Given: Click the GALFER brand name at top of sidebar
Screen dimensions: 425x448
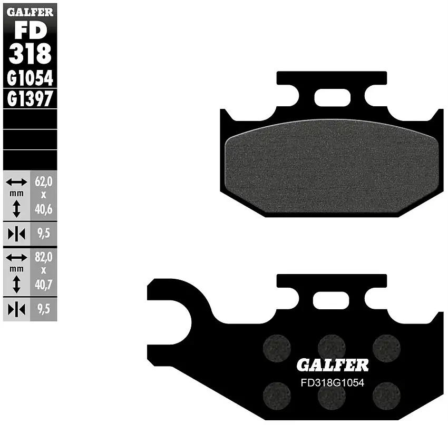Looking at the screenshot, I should [30, 12].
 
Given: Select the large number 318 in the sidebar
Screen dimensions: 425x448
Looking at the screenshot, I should [30, 53].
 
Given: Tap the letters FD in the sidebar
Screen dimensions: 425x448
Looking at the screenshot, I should [30, 31].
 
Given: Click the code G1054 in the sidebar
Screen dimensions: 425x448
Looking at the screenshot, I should [30, 78].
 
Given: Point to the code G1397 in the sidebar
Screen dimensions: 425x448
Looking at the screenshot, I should [30, 98].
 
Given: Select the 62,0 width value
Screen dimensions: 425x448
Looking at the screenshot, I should [44, 183].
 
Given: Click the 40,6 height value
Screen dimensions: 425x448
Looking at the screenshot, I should [44, 209].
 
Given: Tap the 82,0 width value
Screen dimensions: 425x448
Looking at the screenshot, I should [44, 258].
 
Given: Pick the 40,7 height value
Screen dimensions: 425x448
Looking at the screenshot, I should [44, 285].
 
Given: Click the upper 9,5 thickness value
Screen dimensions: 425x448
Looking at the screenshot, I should [44, 233].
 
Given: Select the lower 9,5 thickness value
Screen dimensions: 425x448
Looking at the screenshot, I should [44, 310].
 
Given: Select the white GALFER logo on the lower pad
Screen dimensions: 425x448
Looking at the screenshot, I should [332, 365].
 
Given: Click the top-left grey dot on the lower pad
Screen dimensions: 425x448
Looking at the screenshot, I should [277, 347].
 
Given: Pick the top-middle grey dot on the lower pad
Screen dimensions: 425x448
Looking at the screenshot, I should [331, 346].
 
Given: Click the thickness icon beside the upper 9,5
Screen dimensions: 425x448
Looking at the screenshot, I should [16, 234].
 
